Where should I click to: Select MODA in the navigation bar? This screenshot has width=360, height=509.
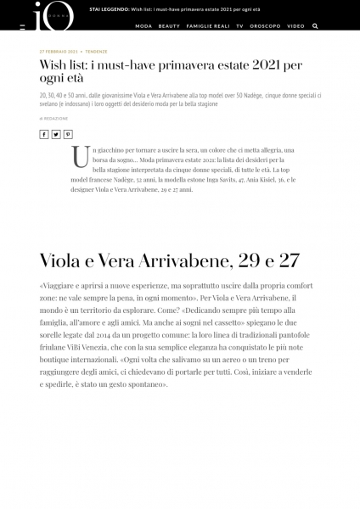pyautogui.click(x=143, y=26)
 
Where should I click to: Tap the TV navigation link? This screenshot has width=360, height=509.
pyautogui.click(x=240, y=26)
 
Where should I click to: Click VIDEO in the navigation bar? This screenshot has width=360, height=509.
pyautogui.click(x=295, y=26)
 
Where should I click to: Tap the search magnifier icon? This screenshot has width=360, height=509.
pyautogui.click(x=315, y=26)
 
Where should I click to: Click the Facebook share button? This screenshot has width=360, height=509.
pyautogui.click(x=44, y=134)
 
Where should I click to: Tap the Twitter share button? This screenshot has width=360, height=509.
pyautogui.click(x=56, y=134)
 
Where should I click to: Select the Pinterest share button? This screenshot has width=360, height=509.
pyautogui.click(x=68, y=134)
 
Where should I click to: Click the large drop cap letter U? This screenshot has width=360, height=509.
pyautogui.click(x=82, y=156)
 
